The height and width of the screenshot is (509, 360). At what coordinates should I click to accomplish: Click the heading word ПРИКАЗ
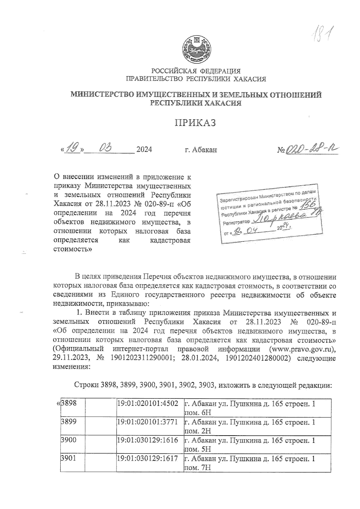195,123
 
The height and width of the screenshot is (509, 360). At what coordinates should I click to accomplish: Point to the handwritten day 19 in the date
72,148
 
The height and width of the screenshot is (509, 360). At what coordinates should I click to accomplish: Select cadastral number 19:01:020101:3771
148,422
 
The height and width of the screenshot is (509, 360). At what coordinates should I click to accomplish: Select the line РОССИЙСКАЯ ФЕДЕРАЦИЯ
196,71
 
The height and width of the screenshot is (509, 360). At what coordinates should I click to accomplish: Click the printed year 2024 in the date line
144,150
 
